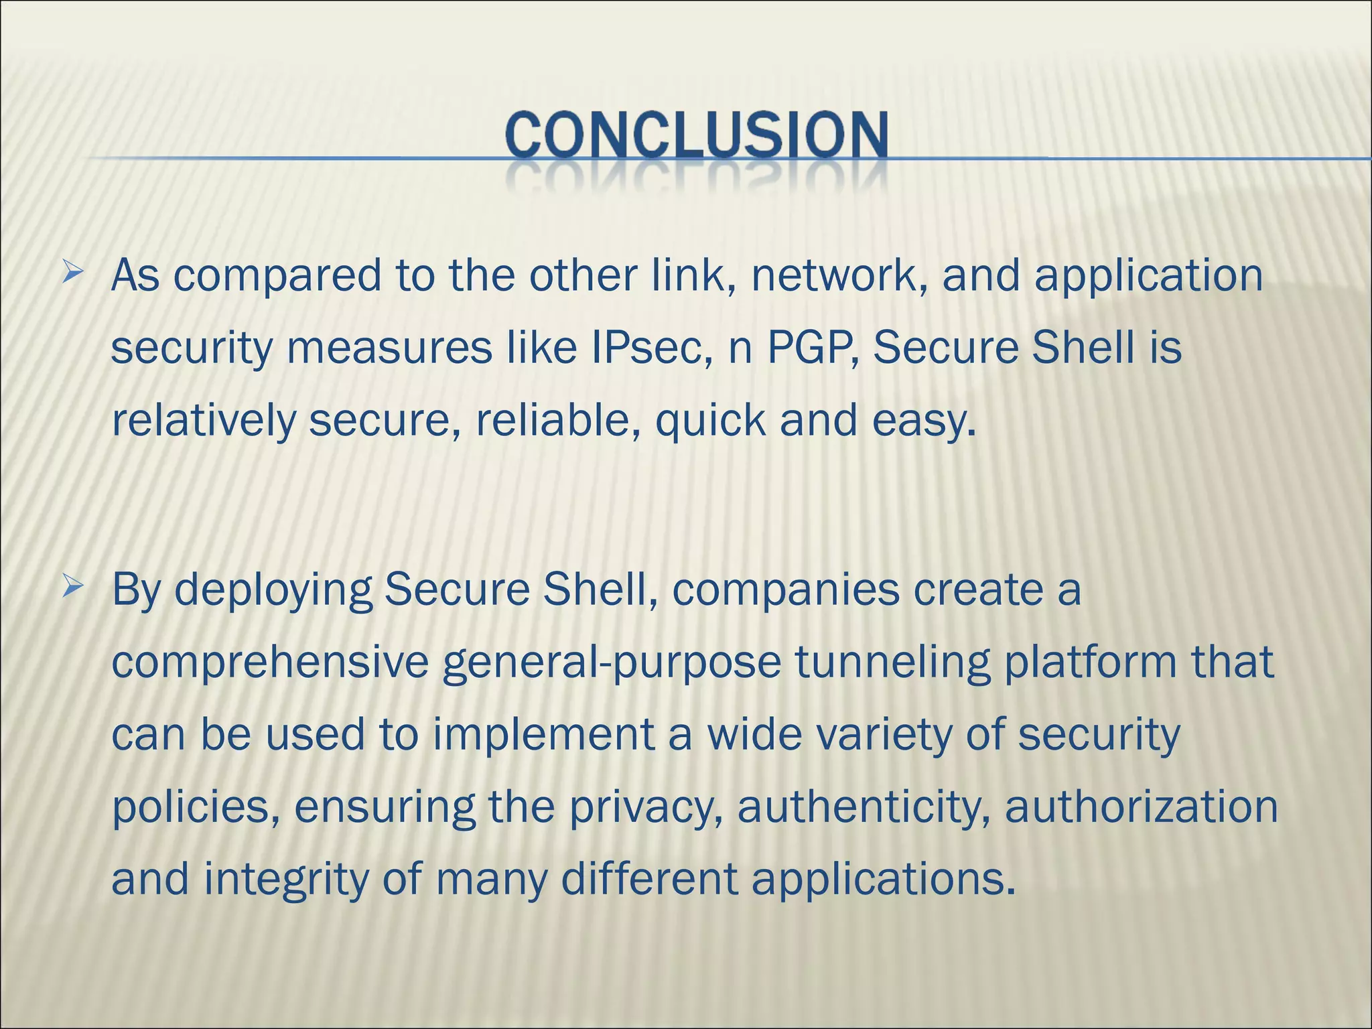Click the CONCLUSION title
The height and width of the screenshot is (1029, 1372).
tap(697, 137)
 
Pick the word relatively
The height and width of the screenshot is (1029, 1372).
tap(203, 421)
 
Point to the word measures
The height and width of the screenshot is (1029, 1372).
tap(389, 348)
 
